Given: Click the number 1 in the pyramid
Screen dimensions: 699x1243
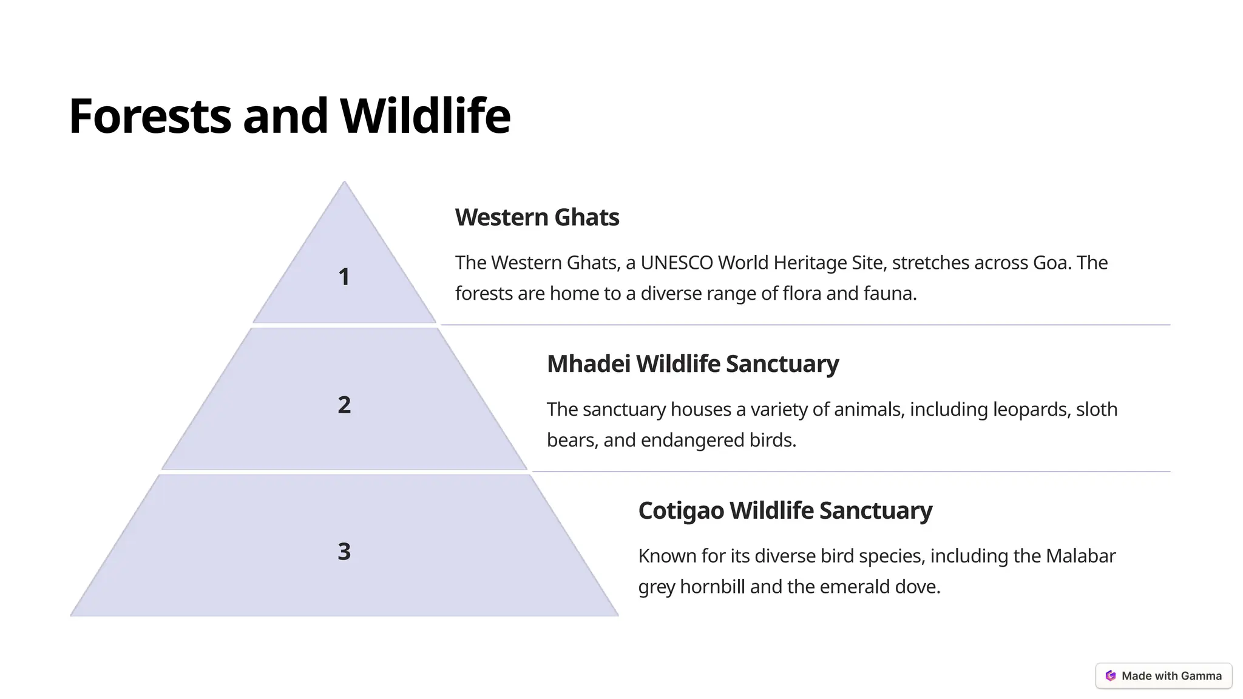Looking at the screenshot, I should tap(344, 277).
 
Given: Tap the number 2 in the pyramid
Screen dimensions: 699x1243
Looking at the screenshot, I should tap(344, 405).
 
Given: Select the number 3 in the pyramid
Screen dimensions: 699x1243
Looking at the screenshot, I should tap(344, 552).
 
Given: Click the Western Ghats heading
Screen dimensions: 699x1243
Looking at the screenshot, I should tap(537, 217).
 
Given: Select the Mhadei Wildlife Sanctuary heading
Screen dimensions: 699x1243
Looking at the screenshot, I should tap(693, 364).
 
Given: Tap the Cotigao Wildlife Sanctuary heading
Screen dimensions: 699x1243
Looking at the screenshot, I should tap(785, 510).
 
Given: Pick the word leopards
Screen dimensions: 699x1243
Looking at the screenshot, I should tap(1030, 410).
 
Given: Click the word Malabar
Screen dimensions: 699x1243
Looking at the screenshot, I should tap(1080, 556).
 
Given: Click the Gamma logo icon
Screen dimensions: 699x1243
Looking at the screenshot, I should tap(1111, 676).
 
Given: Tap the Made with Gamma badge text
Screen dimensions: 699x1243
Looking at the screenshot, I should tap(1171, 676).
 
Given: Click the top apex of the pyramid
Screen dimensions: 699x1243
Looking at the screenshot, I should tap(344, 183).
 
